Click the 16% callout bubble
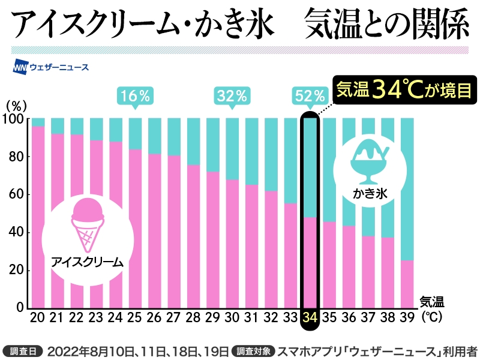click(134, 95)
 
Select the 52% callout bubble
click(310, 95)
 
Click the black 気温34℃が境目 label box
click(400, 90)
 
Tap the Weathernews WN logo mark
click(22, 67)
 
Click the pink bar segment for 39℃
click(407, 284)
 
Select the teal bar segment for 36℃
click(349, 172)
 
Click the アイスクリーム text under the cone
click(87, 262)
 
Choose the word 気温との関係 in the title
click(386, 25)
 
